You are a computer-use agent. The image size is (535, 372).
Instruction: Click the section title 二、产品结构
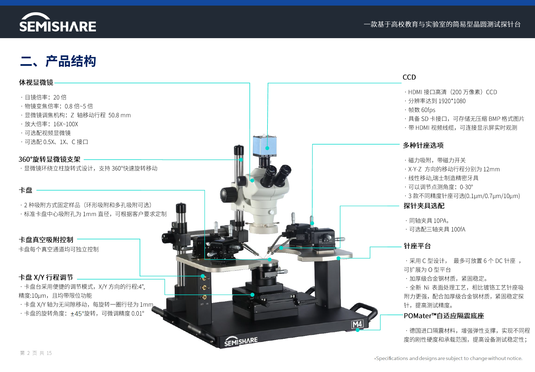point(58,61)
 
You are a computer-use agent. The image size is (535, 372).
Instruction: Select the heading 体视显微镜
point(36,82)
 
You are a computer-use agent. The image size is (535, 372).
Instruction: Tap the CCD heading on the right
point(409,77)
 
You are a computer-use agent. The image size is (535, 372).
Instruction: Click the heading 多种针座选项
point(423,145)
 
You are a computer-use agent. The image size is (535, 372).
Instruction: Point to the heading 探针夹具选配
point(424,206)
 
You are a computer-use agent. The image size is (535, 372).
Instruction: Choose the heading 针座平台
point(417,246)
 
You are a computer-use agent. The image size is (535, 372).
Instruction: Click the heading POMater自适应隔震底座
point(444,316)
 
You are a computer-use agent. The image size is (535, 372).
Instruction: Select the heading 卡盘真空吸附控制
point(46,240)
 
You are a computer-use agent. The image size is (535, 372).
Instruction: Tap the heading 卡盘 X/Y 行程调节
point(46,277)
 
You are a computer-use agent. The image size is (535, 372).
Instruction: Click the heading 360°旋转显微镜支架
point(49,159)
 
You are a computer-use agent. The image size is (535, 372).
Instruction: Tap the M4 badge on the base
point(357,324)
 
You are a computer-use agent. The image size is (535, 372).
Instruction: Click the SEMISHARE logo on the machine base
point(241,342)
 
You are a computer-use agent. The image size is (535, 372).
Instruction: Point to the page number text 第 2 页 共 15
point(36,353)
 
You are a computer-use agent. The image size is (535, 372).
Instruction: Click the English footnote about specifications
point(448,358)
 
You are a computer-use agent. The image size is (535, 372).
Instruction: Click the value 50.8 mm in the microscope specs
point(120,115)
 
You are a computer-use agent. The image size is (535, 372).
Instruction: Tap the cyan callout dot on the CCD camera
point(267,148)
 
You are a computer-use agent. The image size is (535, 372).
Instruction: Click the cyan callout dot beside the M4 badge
point(358,330)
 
